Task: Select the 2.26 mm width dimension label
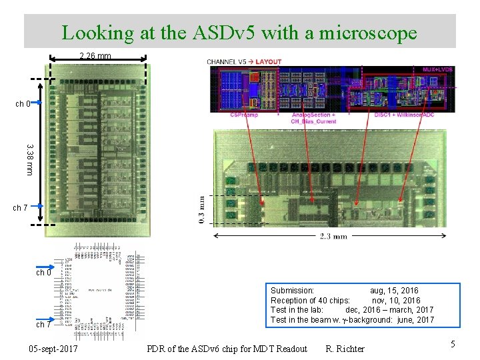[x=95, y=56]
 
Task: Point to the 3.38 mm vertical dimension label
[x=29, y=159]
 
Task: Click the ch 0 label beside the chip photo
[x=23, y=103]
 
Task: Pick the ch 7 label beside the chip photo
[x=21, y=208]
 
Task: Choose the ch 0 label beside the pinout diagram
[x=43, y=273]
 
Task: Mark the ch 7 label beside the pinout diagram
[x=43, y=325]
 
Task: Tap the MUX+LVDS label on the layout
[x=438, y=69]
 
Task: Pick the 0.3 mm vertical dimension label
[x=202, y=209]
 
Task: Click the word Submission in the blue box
[x=292, y=291]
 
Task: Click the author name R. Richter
[x=345, y=349]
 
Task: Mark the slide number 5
[x=453, y=344]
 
